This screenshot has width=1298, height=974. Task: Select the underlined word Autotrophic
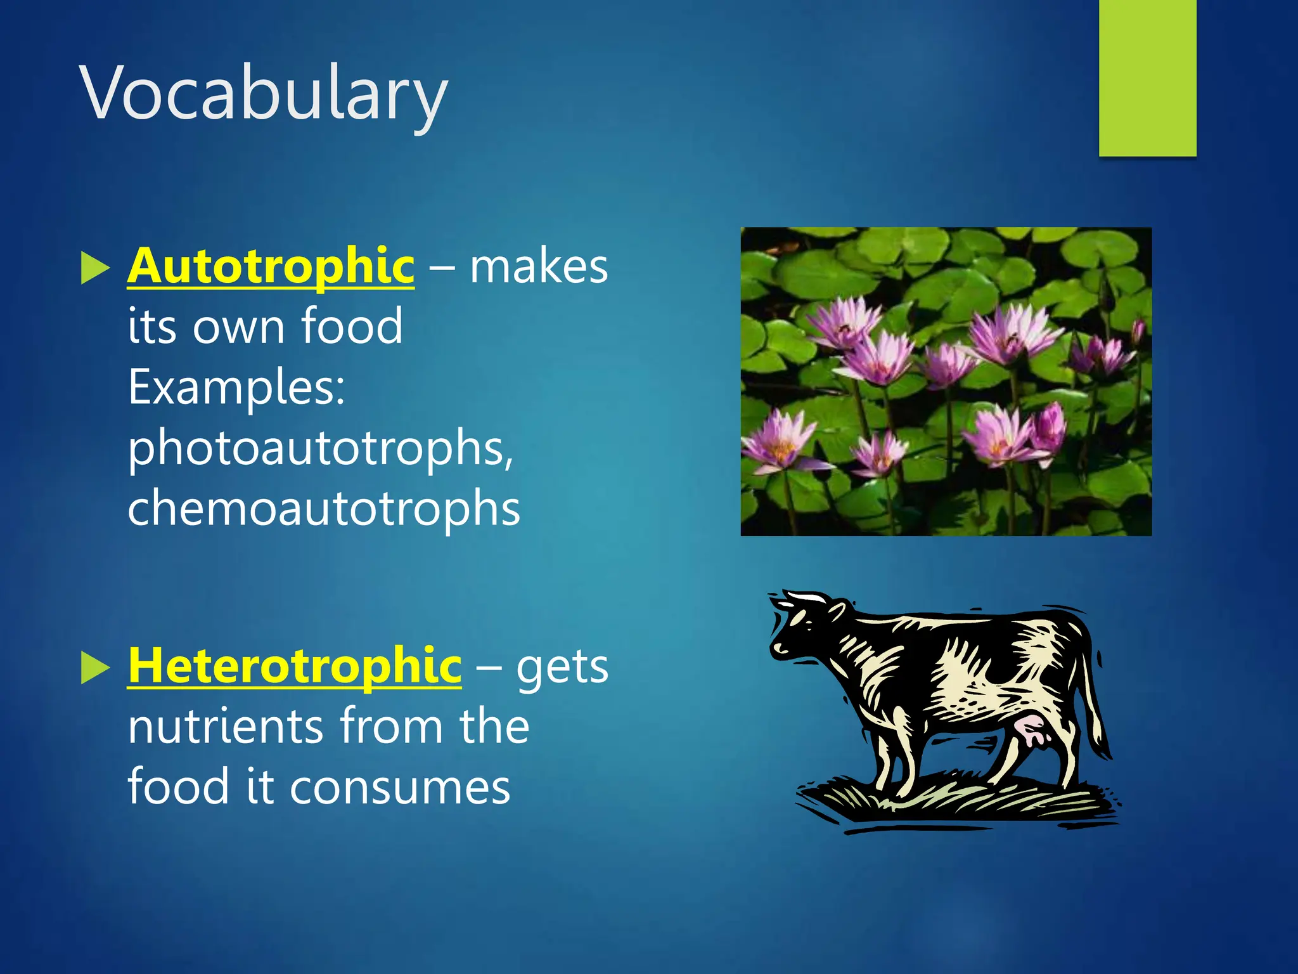pos(271,266)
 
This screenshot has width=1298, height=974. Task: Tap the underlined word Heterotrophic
pos(294,666)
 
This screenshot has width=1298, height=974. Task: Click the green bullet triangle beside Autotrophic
pos(95,268)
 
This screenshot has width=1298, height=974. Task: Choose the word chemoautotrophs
pos(323,509)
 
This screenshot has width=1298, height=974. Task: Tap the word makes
pos(539,266)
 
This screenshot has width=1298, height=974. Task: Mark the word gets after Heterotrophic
pos(562,667)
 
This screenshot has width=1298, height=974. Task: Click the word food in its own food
pos(351,326)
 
